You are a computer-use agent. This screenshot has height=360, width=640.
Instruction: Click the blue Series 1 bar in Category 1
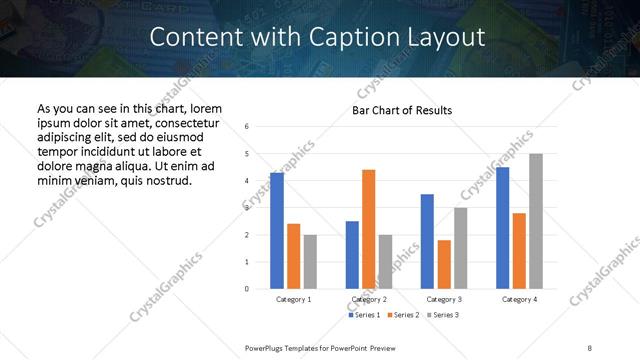(277, 231)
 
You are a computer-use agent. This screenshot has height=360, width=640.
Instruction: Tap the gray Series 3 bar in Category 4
(536, 221)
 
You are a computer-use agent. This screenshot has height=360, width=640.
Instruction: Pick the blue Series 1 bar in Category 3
(427, 241)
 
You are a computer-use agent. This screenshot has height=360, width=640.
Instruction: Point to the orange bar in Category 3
(444, 264)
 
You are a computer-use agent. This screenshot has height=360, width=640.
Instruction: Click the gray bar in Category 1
(310, 262)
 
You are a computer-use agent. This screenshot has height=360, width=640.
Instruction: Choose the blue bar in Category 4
(502, 228)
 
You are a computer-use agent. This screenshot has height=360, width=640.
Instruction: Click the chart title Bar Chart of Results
(402, 110)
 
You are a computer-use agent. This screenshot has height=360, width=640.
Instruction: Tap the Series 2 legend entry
(402, 315)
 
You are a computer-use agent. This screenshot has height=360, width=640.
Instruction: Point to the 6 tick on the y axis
(246, 127)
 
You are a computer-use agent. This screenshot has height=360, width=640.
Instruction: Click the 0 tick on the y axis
(246, 289)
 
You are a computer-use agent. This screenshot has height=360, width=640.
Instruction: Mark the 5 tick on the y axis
(246, 154)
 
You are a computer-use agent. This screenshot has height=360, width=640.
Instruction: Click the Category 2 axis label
(369, 299)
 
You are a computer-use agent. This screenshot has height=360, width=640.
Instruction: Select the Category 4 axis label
(519, 299)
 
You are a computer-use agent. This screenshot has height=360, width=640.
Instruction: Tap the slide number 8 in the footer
(589, 347)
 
